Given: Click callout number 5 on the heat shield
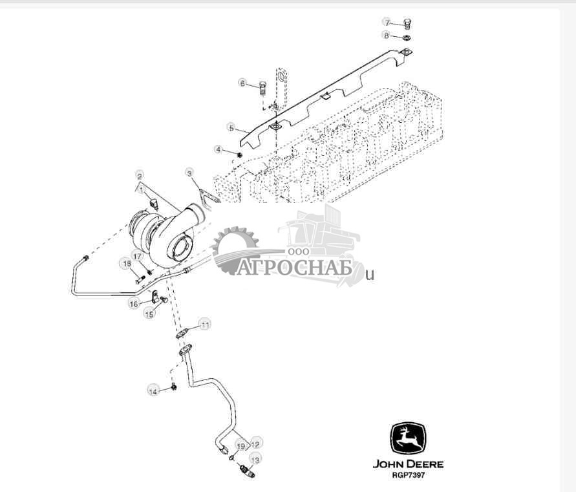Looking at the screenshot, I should (231, 127).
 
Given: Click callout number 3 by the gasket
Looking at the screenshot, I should (190, 173).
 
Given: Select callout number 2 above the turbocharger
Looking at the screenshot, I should (139, 175).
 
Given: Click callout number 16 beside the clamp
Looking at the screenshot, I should (134, 303).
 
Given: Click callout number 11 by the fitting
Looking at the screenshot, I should (204, 324).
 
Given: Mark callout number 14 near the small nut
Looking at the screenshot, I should (153, 391).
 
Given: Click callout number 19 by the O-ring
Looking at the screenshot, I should (240, 446).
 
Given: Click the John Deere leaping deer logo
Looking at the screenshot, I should (407, 440).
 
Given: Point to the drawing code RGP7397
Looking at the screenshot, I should (407, 475).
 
